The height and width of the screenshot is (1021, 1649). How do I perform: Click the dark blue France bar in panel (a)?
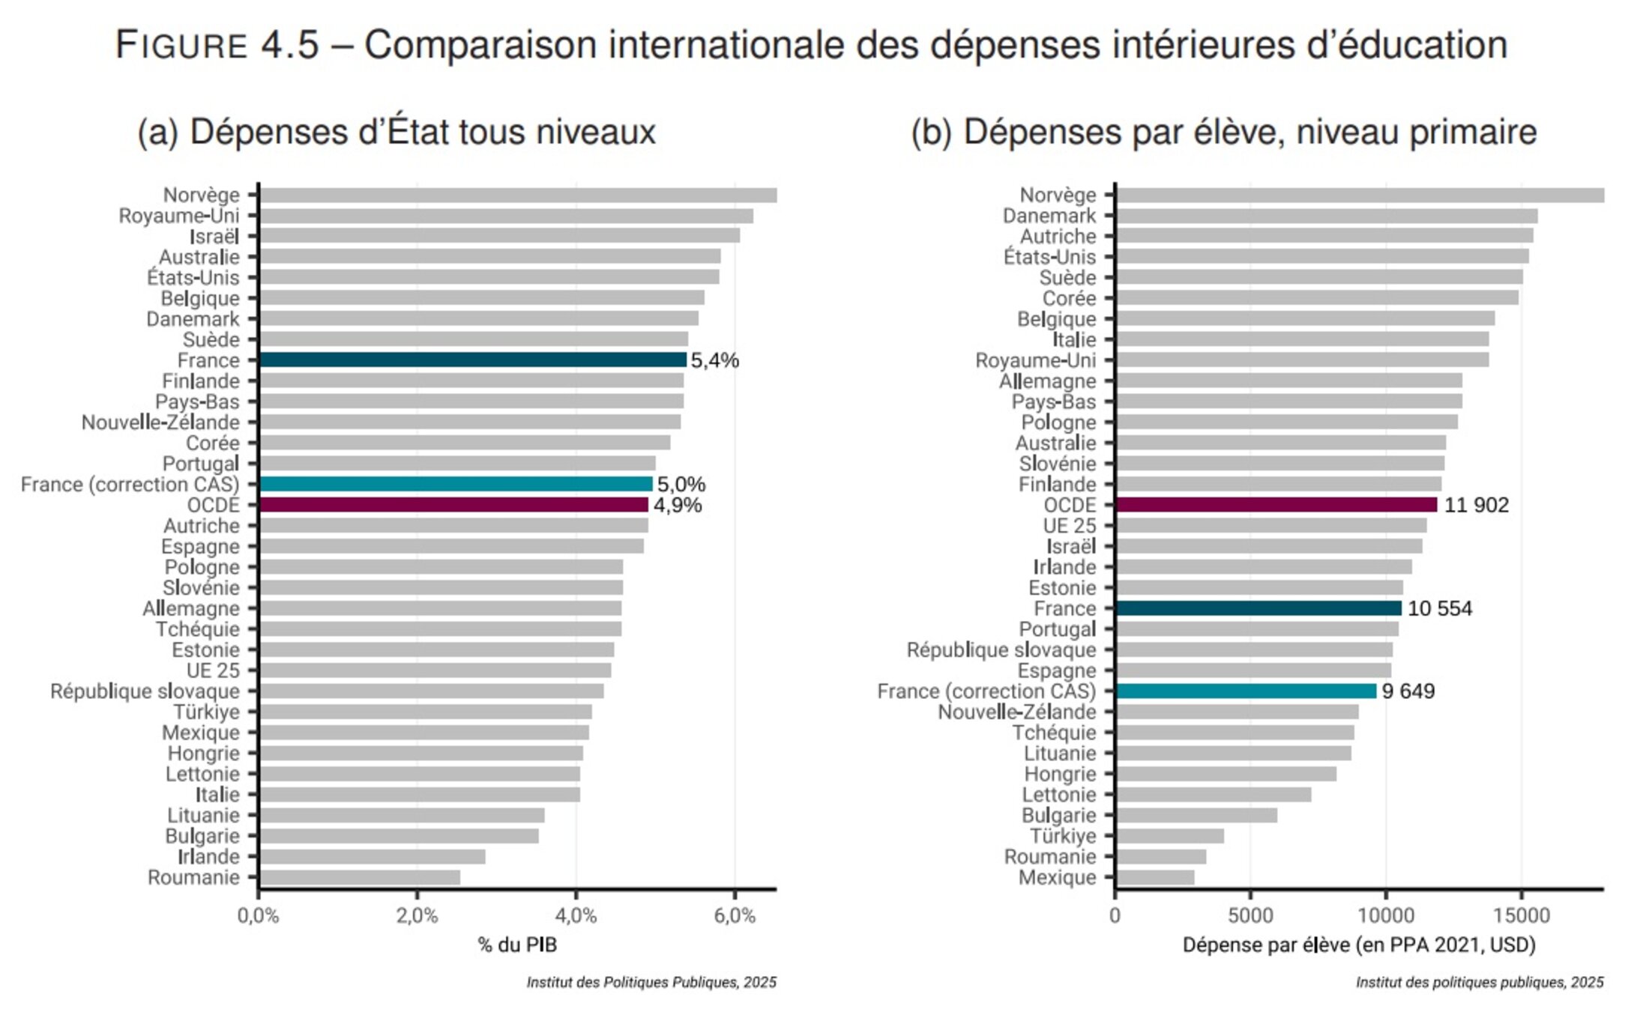[472, 360]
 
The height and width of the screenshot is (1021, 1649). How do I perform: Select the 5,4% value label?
[714, 361]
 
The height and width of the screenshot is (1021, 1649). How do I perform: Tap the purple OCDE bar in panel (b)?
[1276, 505]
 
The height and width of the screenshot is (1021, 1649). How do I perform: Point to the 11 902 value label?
[1476, 506]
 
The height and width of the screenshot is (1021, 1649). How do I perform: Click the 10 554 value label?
[1439, 608]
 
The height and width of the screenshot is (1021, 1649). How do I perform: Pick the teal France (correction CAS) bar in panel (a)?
[456, 484]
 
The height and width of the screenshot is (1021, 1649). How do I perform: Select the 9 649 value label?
[1408, 691]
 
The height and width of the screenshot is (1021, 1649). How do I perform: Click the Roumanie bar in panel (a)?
[360, 877]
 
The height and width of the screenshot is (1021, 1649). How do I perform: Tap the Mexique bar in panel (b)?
[1155, 877]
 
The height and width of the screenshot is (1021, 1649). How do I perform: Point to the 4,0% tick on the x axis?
[576, 916]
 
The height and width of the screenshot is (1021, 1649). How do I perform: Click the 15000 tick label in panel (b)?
[1521, 916]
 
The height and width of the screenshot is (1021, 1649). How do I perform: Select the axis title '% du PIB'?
[517, 945]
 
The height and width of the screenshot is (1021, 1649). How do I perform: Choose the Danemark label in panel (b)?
[1049, 216]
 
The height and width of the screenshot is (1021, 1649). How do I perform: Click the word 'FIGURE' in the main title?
[181, 45]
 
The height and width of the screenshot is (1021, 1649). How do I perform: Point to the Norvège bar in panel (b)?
[1360, 196]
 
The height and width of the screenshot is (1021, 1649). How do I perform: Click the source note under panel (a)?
[651, 982]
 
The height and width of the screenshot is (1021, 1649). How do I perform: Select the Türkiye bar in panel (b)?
[1170, 836]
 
